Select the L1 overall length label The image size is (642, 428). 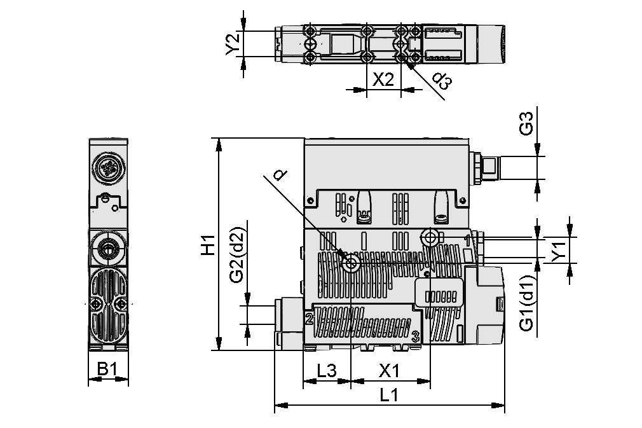point(388,395)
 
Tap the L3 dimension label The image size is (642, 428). point(326,370)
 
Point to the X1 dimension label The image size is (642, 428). point(389,370)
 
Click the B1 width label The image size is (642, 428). point(107,369)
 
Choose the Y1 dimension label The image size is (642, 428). point(558,250)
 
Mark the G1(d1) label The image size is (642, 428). point(526,303)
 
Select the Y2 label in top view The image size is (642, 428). point(233,43)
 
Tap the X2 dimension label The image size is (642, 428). point(383,79)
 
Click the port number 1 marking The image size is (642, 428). point(467,240)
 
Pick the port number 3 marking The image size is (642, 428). point(414,335)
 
